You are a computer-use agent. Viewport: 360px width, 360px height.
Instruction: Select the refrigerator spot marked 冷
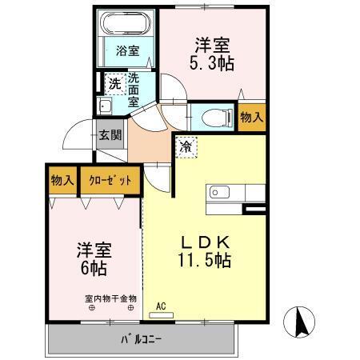pos(186,146)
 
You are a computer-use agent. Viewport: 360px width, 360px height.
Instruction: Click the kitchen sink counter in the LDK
pos(235,193)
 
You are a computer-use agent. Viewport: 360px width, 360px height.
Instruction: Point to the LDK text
pos(205,242)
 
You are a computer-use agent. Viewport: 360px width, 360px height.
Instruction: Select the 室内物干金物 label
pos(111,298)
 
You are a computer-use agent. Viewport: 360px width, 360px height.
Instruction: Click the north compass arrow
pos(302,323)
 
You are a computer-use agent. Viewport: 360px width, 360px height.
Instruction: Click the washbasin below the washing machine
pos(104,107)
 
